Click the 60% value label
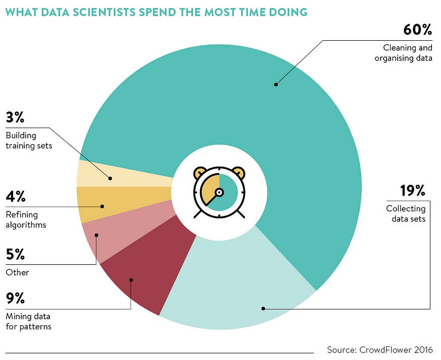[x=417, y=30]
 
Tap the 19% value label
[x=413, y=191]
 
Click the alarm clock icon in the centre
[x=219, y=192]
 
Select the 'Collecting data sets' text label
[x=406, y=213]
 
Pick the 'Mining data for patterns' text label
[x=28, y=321]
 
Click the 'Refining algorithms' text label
[x=26, y=220]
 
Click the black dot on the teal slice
[x=276, y=85]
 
